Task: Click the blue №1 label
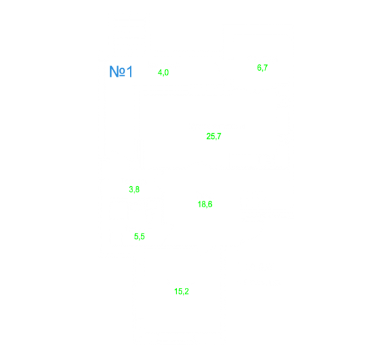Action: click(x=121, y=71)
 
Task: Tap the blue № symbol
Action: click(x=117, y=71)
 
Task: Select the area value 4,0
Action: click(x=163, y=72)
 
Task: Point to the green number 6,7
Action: click(x=262, y=68)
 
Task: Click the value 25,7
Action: click(x=214, y=136)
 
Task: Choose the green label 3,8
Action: click(x=134, y=190)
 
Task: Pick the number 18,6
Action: click(x=205, y=205)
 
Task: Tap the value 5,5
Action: click(x=140, y=236)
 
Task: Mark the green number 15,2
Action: click(x=182, y=291)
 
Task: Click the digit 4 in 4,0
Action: click(x=159, y=72)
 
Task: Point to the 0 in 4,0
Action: click(x=167, y=72)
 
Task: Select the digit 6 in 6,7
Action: click(x=259, y=68)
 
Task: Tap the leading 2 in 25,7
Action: click(x=208, y=136)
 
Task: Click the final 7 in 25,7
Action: click(x=219, y=136)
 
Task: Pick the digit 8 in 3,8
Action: click(x=137, y=190)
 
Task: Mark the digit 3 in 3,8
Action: click(x=131, y=190)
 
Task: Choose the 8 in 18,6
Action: click(x=203, y=204)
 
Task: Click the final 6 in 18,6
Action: click(x=210, y=204)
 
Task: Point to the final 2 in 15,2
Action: click(x=187, y=291)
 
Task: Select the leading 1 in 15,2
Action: click(x=176, y=291)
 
